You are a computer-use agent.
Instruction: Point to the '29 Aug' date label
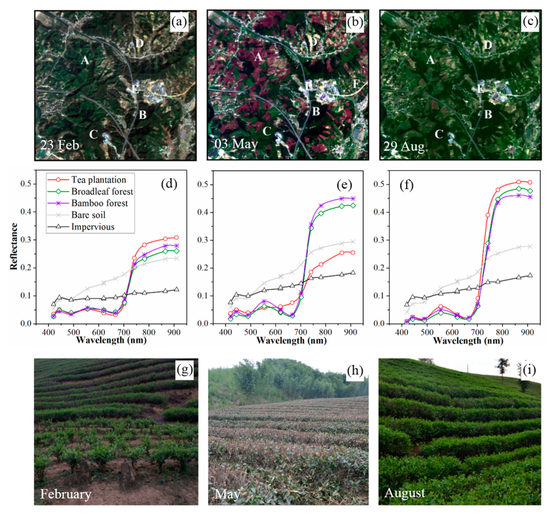click(404, 146)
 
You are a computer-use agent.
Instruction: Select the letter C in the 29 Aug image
click(439, 134)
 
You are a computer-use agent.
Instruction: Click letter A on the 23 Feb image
click(85, 60)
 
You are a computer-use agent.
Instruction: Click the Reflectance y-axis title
click(13, 246)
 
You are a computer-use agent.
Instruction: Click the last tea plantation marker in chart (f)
click(530, 182)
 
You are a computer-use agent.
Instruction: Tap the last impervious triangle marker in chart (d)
click(176, 289)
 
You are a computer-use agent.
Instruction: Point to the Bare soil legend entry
click(88, 215)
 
